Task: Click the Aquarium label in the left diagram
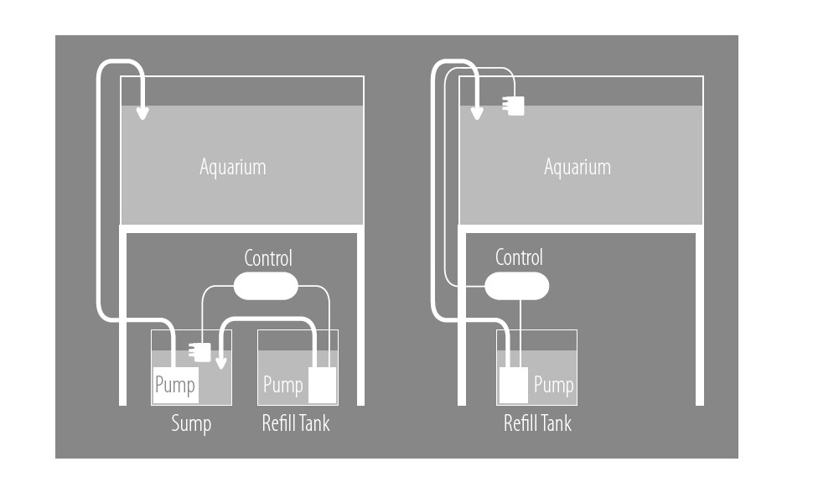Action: coord(233,167)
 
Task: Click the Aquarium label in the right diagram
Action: coord(577,167)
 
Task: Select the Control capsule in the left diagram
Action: coord(265,286)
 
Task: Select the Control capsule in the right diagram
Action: coord(517,287)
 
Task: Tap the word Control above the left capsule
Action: coord(268,257)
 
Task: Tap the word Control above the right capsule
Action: coord(520,257)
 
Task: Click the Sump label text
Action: coord(191,423)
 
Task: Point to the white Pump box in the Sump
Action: coord(175,386)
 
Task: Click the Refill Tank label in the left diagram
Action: coord(296,423)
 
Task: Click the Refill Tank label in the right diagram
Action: coord(537,423)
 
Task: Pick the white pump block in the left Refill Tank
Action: coord(323,386)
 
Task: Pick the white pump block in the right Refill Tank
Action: coord(514,386)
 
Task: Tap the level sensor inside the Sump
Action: coord(200,352)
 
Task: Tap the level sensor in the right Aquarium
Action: coord(515,106)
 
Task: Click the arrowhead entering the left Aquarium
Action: coord(143,112)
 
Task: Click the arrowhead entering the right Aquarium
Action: coord(477,112)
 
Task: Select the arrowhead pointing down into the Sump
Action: coord(221,362)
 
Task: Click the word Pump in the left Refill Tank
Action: coord(282,386)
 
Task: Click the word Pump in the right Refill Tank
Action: coord(554,386)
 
